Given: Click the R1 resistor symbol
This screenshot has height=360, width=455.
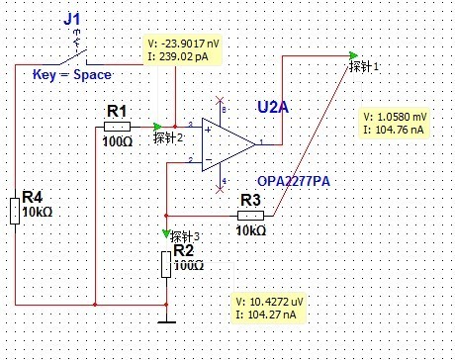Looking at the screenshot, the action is point(117,127).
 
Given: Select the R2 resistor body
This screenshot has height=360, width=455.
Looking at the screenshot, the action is point(166,264).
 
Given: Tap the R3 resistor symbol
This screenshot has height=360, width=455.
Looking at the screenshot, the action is point(250,216).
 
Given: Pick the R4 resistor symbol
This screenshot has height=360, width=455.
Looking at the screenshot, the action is point(15,211).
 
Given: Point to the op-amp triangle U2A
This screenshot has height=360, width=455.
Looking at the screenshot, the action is point(228,144).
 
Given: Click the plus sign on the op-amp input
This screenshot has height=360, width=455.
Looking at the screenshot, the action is point(208,130).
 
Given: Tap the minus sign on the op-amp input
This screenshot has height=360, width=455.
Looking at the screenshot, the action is point(209,160).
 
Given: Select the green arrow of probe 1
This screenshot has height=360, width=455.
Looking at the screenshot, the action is point(354,55).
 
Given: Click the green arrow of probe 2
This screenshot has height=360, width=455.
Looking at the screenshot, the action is point(157,127).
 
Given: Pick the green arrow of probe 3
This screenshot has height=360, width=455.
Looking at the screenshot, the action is point(166,233).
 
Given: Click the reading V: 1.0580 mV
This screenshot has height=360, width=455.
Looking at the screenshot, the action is point(395,117).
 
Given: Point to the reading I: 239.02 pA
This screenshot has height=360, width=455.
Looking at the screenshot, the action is point(178,56).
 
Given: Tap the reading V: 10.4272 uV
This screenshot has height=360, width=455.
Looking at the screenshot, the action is point(269,302).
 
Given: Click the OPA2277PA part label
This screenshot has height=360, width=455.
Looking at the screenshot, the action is point(294,181).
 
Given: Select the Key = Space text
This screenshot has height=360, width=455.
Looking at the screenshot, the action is point(72,75).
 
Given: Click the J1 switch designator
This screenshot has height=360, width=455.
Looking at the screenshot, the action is point(72,19).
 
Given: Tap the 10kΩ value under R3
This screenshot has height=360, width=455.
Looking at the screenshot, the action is point(251,230).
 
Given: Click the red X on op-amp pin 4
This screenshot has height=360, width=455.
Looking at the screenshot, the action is point(220,189).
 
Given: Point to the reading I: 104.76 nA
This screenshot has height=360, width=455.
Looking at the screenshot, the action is point(394,130).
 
